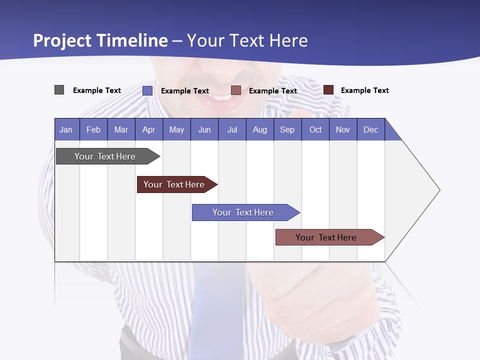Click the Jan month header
(x=66, y=129)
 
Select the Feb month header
(x=93, y=129)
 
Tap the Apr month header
(x=149, y=129)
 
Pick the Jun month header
(x=204, y=129)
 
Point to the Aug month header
(x=260, y=129)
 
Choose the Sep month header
(x=287, y=129)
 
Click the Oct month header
(x=315, y=129)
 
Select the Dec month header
(x=371, y=129)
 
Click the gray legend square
(x=59, y=90)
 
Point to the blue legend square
(x=147, y=90)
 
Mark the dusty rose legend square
(x=236, y=90)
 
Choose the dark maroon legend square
(x=328, y=90)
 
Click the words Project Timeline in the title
(x=100, y=40)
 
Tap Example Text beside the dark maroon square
(x=364, y=90)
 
